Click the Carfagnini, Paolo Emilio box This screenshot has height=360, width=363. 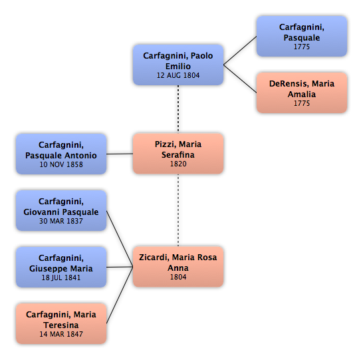(x=178, y=65)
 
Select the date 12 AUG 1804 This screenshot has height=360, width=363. (x=178, y=75)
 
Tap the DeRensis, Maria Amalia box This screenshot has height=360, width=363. (x=302, y=92)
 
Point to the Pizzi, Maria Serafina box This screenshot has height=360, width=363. (x=178, y=153)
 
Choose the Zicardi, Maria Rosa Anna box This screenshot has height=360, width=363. (x=178, y=267)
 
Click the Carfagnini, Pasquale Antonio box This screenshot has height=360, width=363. (x=61, y=154)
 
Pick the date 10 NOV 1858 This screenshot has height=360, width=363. (x=61, y=164)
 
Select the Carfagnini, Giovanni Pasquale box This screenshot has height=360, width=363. (x=61, y=210)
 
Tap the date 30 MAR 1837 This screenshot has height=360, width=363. (x=61, y=221)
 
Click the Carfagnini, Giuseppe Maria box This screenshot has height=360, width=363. (x=61, y=267)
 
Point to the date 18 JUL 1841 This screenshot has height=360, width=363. (x=61, y=277)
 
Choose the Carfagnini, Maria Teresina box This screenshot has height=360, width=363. (x=61, y=323)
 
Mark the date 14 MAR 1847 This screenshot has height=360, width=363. (x=61, y=334)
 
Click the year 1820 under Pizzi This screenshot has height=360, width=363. (x=178, y=164)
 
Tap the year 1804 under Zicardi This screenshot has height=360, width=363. (x=178, y=277)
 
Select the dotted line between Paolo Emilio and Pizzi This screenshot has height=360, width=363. (x=178, y=109)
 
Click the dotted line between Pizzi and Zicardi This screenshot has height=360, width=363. (x=178, y=210)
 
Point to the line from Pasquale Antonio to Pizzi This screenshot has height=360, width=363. (x=120, y=154)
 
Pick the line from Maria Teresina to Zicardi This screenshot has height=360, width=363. (x=120, y=295)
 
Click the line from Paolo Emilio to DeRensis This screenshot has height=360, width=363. (x=240, y=79)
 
